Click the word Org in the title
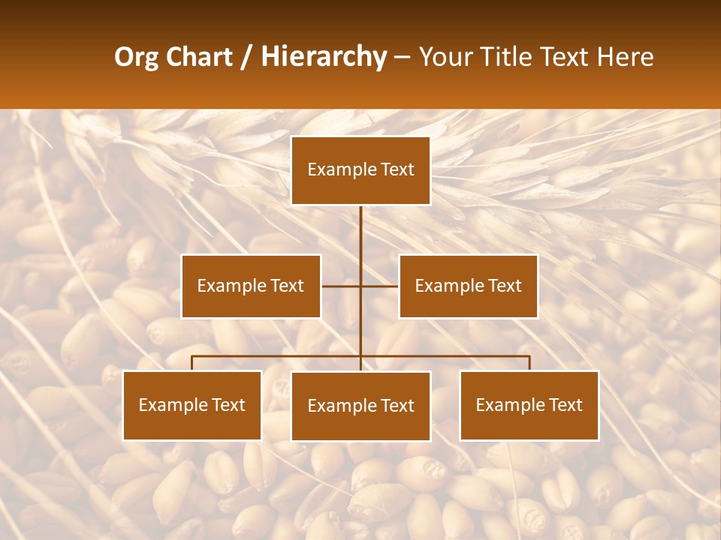click(136, 57)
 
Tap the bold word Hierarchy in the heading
click(324, 57)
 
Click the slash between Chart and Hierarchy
click(246, 57)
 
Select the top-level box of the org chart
click(360, 170)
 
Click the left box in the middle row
click(251, 286)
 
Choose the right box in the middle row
click(468, 286)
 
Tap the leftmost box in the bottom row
click(192, 405)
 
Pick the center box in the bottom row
click(360, 406)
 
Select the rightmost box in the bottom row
click(529, 405)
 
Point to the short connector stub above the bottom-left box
click(192, 363)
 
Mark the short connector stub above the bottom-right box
click(529, 363)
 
